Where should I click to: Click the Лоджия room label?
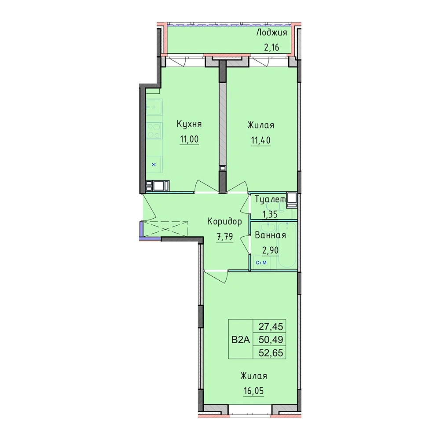pos(271,33)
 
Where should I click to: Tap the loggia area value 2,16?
pos(271,48)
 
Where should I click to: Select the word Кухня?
pos(189,125)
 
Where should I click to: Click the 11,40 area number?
pos(260,140)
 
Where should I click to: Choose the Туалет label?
pos(270,199)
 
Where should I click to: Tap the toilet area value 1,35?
pos(270,214)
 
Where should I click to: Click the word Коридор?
pos(224,222)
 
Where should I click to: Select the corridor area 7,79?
pos(224,237)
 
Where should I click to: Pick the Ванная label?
pos(270,235)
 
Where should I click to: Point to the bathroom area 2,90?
pos(270,250)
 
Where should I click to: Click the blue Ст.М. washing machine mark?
pos(261,263)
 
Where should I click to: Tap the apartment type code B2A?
pos(241,340)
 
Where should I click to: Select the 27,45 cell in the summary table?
pos(271,326)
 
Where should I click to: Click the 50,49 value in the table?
pos(271,340)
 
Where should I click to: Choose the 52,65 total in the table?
pos(271,352)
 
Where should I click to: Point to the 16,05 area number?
pos(254,391)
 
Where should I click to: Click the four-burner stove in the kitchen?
pos(154,131)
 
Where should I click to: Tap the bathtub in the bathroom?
pos(286,245)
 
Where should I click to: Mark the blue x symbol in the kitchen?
pos(154,165)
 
